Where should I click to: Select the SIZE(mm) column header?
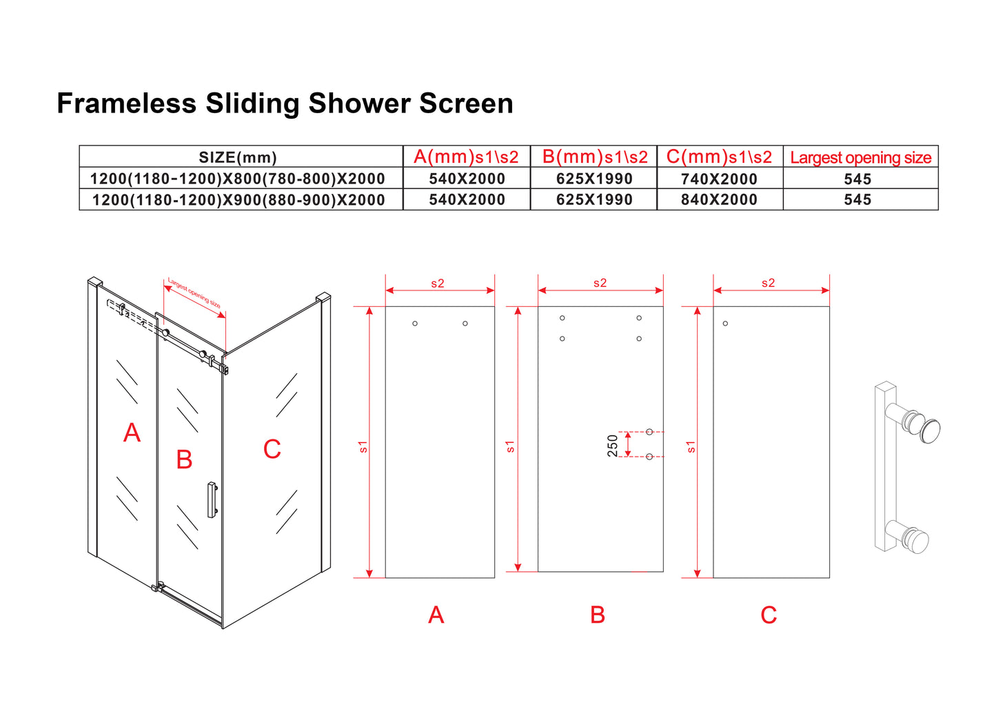pos(238,157)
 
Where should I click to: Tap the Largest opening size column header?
pos(860,157)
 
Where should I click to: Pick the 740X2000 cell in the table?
pos(719,179)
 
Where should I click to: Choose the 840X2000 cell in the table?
pos(719,199)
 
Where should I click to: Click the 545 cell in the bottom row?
pos(857,199)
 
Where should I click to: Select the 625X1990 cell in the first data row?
pos(594,179)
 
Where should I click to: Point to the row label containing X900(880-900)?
pos(238,199)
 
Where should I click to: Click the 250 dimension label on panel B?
pos(612,445)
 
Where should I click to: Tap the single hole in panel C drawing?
pos(725,324)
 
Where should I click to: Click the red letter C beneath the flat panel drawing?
pos(769,615)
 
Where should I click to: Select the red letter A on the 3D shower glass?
pos(132,433)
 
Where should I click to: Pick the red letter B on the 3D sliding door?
pos(184,459)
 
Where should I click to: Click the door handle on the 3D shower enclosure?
pos(212,499)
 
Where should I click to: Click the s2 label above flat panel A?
pos(438,284)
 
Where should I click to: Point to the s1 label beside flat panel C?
pos(691,447)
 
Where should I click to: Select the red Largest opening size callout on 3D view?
pos(194,294)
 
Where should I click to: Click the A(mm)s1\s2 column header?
pos(466,157)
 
